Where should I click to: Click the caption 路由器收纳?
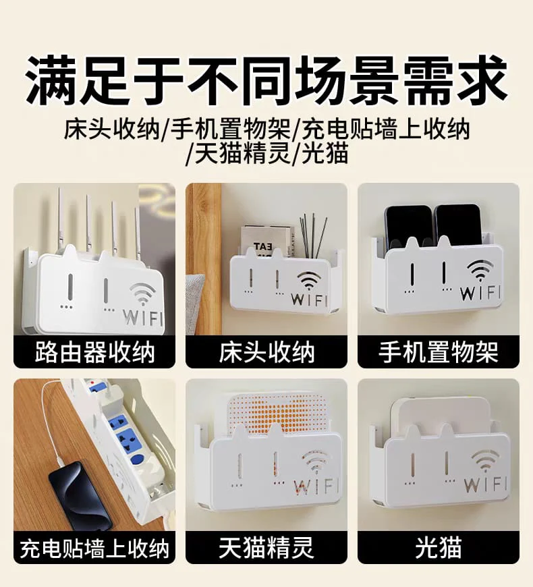(94, 352)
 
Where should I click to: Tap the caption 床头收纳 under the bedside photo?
(266, 352)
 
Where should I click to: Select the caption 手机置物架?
(439, 352)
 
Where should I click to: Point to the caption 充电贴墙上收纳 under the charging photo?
(94, 549)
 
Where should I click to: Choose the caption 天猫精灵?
(266, 549)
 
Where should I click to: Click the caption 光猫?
(439, 549)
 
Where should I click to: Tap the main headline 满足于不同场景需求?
(266, 80)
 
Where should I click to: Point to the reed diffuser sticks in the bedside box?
(312, 235)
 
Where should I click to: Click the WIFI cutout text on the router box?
(142, 316)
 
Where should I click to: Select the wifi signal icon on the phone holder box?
(480, 270)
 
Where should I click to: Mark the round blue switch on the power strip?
(139, 459)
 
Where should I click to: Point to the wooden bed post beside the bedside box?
(204, 258)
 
